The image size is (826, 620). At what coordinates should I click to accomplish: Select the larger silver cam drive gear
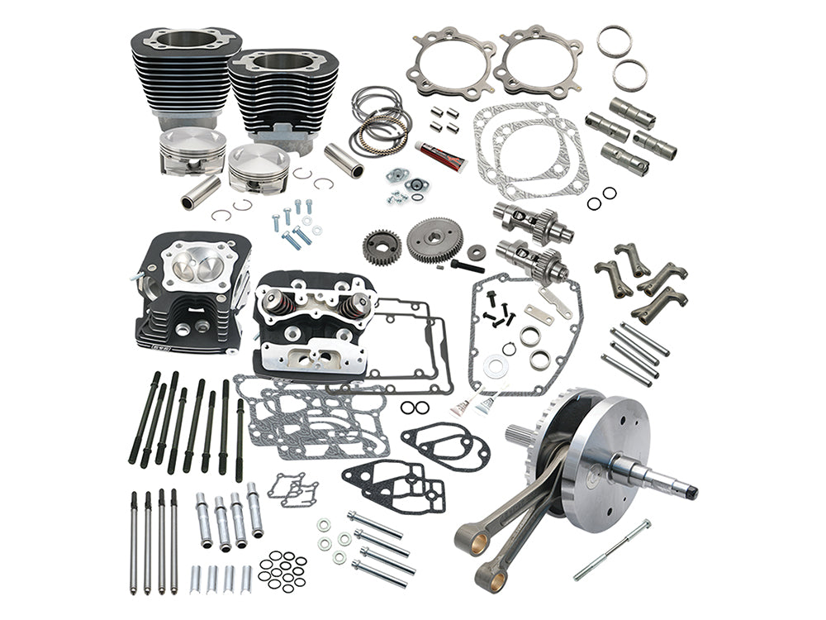(x=434, y=241)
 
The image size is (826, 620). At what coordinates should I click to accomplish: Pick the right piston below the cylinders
(x=259, y=167)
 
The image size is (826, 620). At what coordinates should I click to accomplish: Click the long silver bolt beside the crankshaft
(x=612, y=549)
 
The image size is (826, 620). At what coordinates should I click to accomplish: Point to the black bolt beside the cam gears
(x=468, y=265)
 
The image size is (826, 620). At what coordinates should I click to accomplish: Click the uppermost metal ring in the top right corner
(x=614, y=42)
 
